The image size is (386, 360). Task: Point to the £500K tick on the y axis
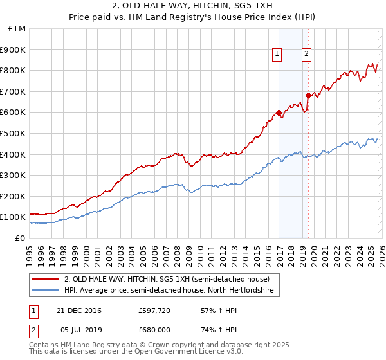point(14,133)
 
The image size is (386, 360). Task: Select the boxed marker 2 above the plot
point(306,55)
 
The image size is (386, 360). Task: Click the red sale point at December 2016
point(279,113)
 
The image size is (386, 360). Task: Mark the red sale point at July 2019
point(308,96)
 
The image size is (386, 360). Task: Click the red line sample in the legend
point(46,279)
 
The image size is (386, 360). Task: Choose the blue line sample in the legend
point(46,291)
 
